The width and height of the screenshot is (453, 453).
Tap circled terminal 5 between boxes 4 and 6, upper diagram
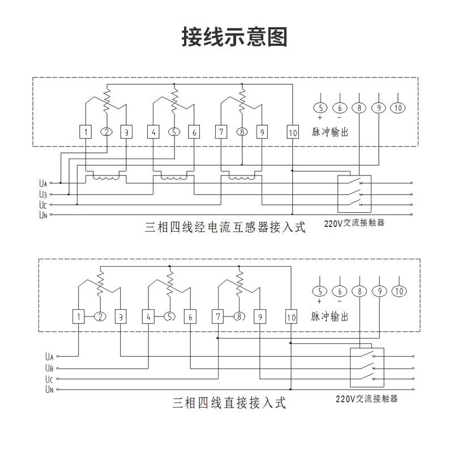coord(174,132)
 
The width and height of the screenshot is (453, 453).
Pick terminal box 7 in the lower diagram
coord(218,317)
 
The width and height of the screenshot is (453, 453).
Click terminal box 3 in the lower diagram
coord(120,317)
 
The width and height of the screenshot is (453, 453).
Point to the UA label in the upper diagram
coord(43,183)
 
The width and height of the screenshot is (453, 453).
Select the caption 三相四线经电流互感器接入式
coord(225,228)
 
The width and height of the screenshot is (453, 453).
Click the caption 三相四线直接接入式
coord(229,403)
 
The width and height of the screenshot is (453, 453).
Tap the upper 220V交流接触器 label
coord(354,223)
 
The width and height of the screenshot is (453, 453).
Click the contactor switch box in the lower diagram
coord(367,367)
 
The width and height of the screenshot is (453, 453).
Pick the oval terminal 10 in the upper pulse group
coord(398,108)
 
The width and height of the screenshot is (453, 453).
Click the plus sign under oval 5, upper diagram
coord(320,118)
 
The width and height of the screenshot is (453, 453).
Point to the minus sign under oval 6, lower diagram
coord(339,301)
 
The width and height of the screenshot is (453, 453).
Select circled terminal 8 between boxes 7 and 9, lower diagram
coord(240,317)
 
